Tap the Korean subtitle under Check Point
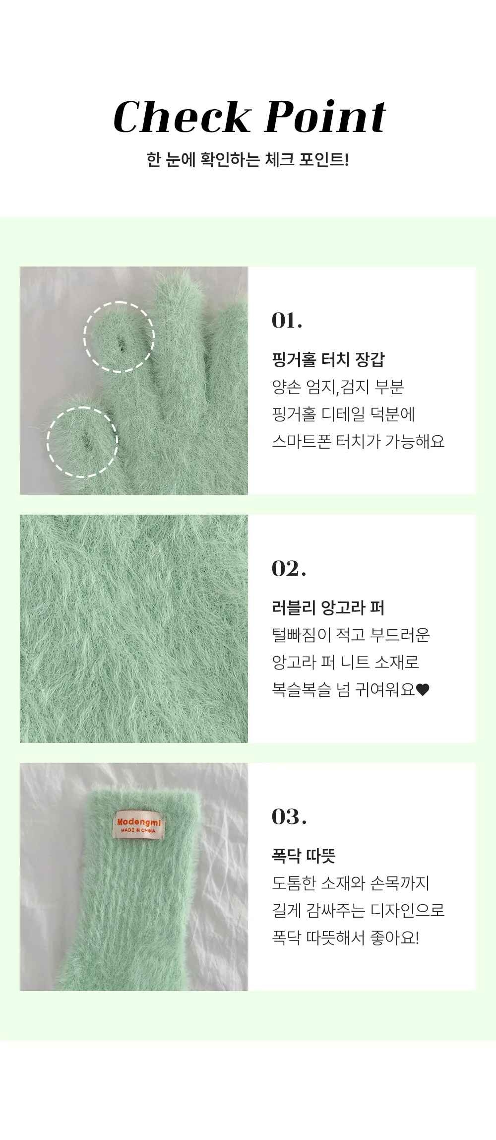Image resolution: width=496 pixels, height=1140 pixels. point(248,160)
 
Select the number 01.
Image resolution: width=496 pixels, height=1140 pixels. point(287,320)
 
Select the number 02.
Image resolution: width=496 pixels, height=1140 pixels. point(289,568)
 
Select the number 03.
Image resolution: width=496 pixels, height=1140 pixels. point(289,816)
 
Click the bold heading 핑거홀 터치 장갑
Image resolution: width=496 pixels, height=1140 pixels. point(328,359)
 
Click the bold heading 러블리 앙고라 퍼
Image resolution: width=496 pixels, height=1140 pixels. point(328,607)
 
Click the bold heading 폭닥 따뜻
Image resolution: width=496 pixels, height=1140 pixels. point(304,856)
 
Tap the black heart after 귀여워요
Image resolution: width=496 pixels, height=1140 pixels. point(423,690)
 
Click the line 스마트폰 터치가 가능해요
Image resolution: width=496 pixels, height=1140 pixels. point(358,441)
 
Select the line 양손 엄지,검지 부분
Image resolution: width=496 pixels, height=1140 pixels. point(338,387)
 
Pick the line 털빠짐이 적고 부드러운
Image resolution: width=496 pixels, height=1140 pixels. point(351,635)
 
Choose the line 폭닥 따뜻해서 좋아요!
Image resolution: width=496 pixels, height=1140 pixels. point(346,937)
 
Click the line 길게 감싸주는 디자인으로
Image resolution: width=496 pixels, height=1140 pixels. point(358,910)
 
